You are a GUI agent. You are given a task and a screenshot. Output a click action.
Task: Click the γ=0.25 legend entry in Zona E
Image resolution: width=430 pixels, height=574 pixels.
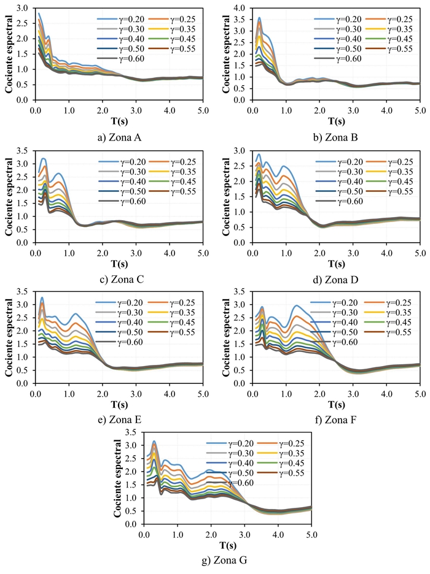tap(186, 302)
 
